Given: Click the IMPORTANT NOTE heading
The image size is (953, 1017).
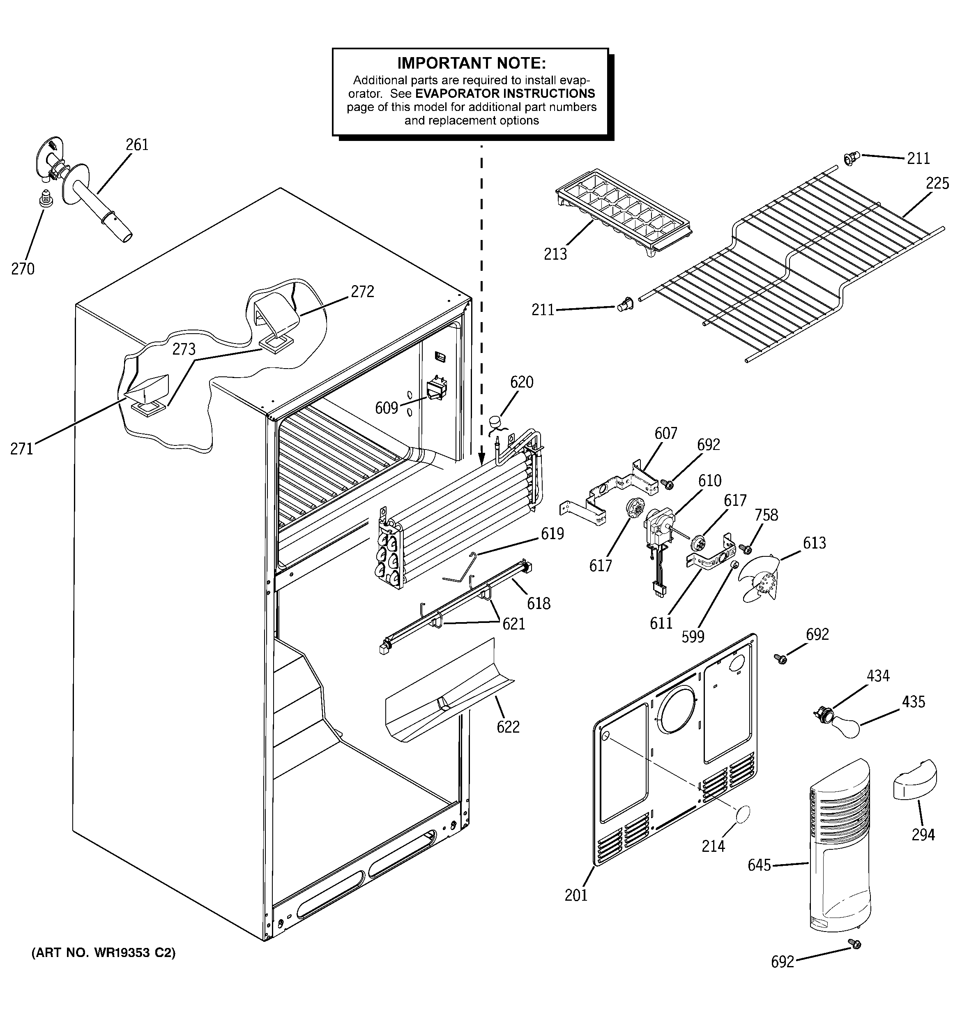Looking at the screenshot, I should click(x=471, y=63).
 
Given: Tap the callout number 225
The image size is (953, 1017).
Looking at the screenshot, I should click(x=937, y=183).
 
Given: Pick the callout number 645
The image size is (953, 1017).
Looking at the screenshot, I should click(x=759, y=865).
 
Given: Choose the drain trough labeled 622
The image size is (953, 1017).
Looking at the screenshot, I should click(x=445, y=691).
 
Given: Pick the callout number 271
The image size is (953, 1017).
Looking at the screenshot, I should click(x=21, y=449).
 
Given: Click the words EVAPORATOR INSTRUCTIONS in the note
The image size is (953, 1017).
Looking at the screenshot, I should click(x=505, y=94).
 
